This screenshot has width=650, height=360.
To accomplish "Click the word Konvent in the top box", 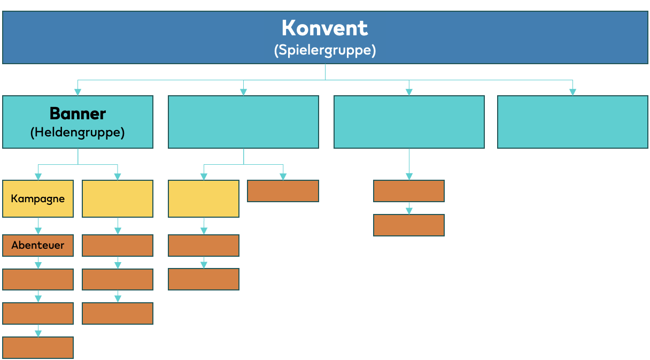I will coord(324,28).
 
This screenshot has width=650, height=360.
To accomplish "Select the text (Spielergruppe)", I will coord(324,50).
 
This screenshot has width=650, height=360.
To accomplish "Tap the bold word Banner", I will coord(78,113).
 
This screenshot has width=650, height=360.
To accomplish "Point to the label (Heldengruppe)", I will coord(78,132).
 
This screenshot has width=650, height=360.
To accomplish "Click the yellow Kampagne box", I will coord(38,198).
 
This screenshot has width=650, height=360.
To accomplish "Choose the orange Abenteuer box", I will coord(38,246).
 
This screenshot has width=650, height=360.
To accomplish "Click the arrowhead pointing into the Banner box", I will coord(78,92).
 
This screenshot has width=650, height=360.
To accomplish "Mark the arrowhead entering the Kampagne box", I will coord(38,177).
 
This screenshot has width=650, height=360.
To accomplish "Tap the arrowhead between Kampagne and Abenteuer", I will coord(38,231).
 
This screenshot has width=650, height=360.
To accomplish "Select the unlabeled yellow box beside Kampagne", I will coord(118,198).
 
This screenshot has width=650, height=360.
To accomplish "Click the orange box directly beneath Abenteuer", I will coord(38,279).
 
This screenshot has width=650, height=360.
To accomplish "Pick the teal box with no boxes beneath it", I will coord(572,121).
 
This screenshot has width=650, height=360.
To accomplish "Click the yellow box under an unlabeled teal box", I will coord(204,198).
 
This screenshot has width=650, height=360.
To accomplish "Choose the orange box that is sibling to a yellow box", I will coord(283,191).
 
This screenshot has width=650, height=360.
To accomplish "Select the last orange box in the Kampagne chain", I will coord(38,348).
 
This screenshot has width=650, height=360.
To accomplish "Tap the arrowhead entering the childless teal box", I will coord(572,92).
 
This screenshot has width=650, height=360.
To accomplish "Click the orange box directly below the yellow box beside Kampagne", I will coord(118,246).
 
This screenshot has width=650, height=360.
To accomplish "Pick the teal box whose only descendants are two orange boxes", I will coord(409,121).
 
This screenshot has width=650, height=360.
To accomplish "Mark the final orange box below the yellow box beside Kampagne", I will coord(118,313).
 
